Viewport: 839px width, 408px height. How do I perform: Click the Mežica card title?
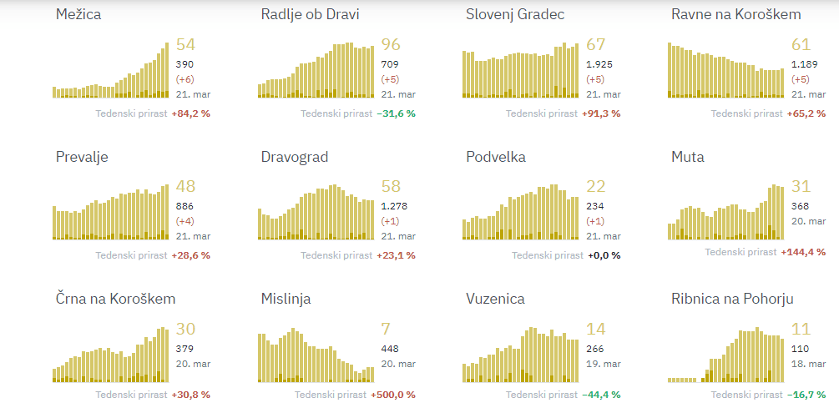click(x=81, y=15)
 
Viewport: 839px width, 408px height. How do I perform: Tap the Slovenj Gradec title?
click(x=515, y=15)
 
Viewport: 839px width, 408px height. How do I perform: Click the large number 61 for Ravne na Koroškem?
click(x=801, y=45)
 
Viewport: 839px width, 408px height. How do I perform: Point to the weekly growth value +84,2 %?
click(x=190, y=113)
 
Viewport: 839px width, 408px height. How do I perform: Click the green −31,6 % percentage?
click(x=396, y=113)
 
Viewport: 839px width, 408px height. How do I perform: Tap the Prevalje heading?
click(x=82, y=157)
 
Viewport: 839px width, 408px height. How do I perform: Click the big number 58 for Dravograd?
click(x=391, y=187)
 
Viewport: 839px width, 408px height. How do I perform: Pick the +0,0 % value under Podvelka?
click(x=604, y=255)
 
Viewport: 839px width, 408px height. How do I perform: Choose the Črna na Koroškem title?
click(x=115, y=299)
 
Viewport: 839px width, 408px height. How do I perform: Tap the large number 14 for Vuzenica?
click(x=595, y=329)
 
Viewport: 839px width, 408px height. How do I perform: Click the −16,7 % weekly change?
click(x=806, y=395)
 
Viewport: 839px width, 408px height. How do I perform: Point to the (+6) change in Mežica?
click(x=185, y=79)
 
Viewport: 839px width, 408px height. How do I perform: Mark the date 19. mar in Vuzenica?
click(x=601, y=364)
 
